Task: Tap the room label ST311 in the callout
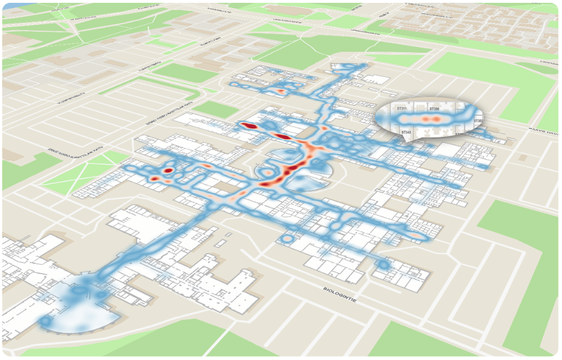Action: point(402,107)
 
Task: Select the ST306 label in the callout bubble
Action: point(434,109)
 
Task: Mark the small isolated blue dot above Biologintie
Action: point(384,263)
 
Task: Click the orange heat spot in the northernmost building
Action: point(279,91)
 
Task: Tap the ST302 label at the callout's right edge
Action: point(478,121)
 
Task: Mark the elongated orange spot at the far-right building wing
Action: point(415,234)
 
